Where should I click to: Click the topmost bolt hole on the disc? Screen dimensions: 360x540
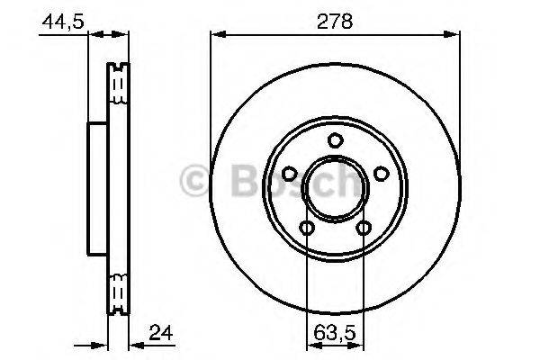pyautogui.click(x=335, y=140)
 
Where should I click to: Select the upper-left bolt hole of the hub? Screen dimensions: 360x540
pyautogui.click(x=290, y=174)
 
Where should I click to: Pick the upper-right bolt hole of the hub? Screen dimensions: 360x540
pyautogui.click(x=380, y=174)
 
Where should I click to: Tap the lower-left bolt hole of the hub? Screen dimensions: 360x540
pyautogui.click(x=307, y=228)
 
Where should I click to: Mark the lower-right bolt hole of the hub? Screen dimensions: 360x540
pyautogui.click(x=364, y=228)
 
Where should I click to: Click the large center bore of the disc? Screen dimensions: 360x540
pyautogui.click(x=335, y=189)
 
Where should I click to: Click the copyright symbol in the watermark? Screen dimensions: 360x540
pyautogui.click(x=194, y=180)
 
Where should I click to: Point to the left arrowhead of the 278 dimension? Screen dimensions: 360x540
pyautogui.click(x=216, y=35)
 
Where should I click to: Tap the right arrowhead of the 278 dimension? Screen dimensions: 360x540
pyautogui.click(x=454, y=35)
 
